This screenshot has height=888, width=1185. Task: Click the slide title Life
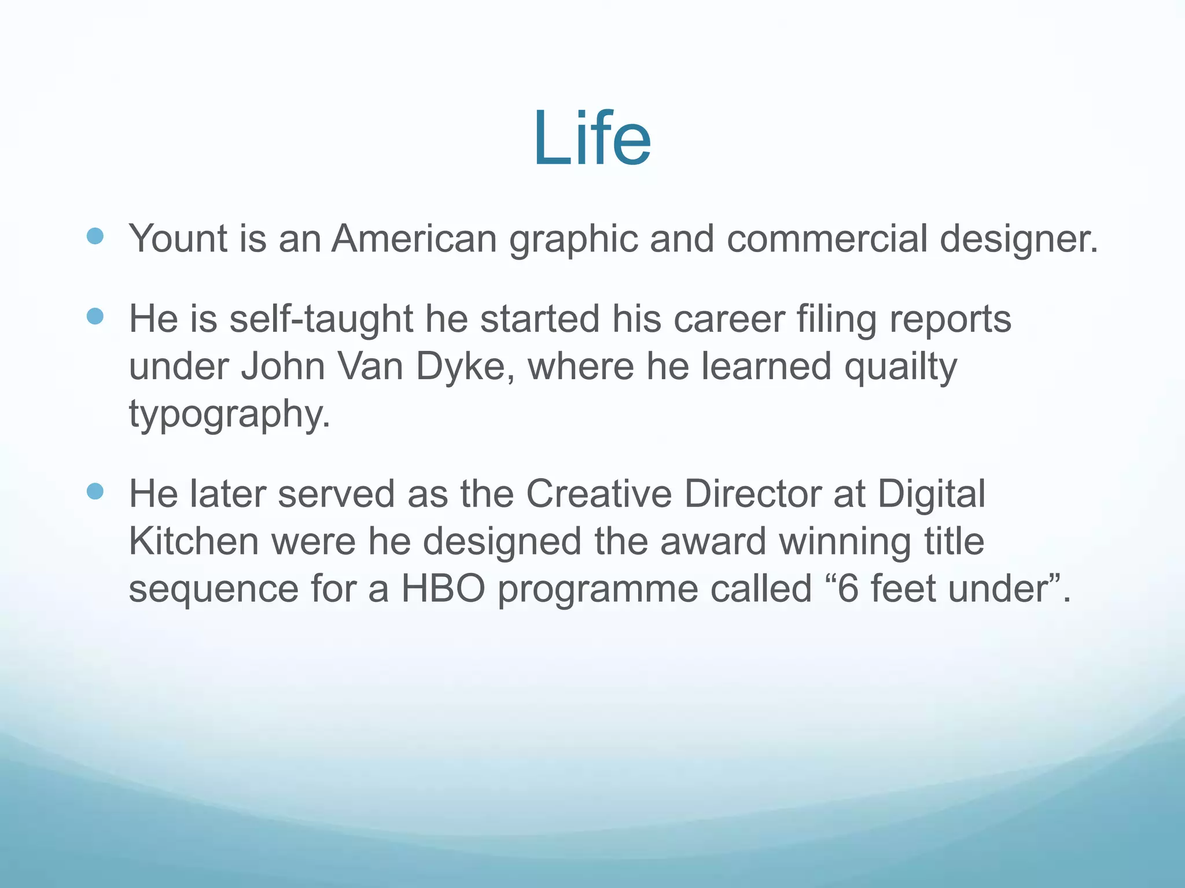[592, 139]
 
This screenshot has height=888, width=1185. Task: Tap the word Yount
[178, 238]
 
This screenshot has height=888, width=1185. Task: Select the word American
[414, 238]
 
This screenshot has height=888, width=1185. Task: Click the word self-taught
[321, 319]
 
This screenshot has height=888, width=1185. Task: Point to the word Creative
[599, 494]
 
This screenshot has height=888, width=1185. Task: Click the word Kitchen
[193, 541]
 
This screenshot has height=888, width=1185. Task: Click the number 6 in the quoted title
[848, 589]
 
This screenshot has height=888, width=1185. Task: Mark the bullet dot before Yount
[95, 235]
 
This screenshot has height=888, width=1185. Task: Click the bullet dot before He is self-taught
[95, 316]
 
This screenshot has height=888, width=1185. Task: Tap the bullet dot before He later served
[95, 491]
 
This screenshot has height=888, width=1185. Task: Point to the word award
[713, 541]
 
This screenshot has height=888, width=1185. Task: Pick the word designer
[1018, 239]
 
